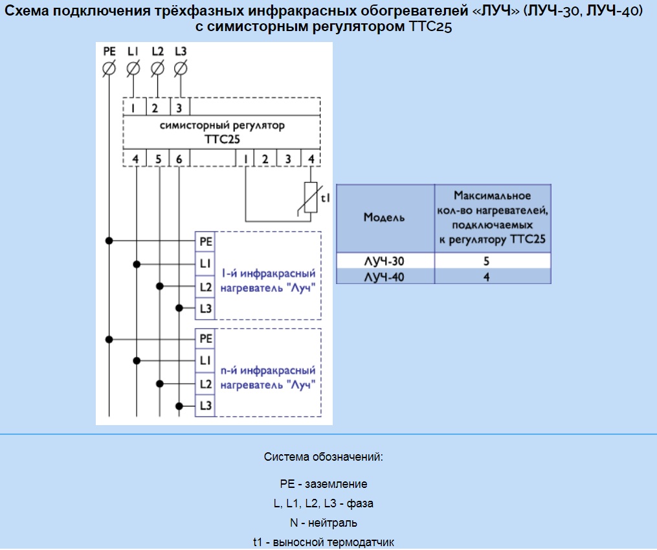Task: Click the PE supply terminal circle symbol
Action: click(109, 69)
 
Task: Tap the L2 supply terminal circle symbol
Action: click(157, 69)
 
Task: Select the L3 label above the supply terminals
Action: click(181, 51)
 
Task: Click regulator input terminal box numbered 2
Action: click(158, 107)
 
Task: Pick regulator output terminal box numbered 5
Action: click(158, 159)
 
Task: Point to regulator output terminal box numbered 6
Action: click(179, 159)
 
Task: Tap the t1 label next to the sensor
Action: click(326, 198)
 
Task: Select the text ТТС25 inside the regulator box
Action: click(222, 139)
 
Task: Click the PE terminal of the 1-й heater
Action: click(205, 242)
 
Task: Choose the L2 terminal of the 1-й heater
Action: click(205, 287)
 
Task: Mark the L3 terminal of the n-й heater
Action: click(205, 406)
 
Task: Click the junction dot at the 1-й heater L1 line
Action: click(137, 264)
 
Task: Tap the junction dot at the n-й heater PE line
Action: click(109, 339)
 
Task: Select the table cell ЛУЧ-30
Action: click(385, 261)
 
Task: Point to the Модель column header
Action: click(385, 218)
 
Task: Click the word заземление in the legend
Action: click(336, 484)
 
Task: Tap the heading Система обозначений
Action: click(324, 457)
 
